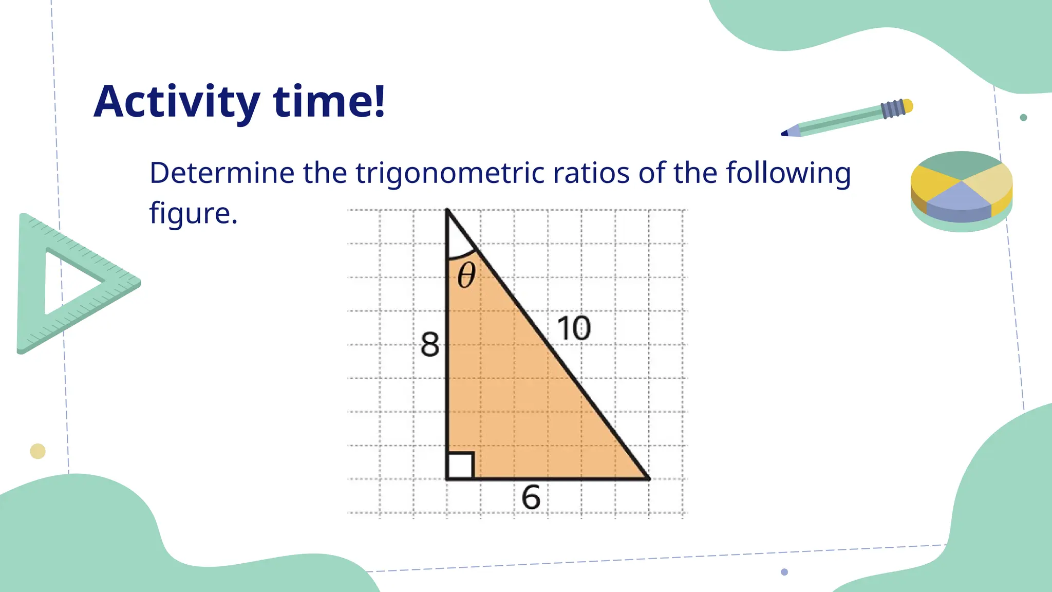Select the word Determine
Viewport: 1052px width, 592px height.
point(221,173)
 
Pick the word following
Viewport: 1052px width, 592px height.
point(788,174)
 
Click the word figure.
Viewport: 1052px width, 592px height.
point(193,214)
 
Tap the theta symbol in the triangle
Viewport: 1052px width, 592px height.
point(466,275)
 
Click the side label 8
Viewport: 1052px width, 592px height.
point(430,344)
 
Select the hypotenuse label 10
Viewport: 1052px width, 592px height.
point(574,328)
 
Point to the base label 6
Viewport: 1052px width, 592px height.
point(531,497)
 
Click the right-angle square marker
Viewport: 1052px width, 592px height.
point(460,466)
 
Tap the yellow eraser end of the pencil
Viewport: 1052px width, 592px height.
point(908,106)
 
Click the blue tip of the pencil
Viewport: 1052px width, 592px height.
point(785,134)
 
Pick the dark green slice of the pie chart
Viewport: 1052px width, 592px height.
point(960,163)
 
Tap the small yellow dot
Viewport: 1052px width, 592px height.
point(37,451)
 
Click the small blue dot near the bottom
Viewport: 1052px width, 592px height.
point(784,572)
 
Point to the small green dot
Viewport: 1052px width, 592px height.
point(1023,118)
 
